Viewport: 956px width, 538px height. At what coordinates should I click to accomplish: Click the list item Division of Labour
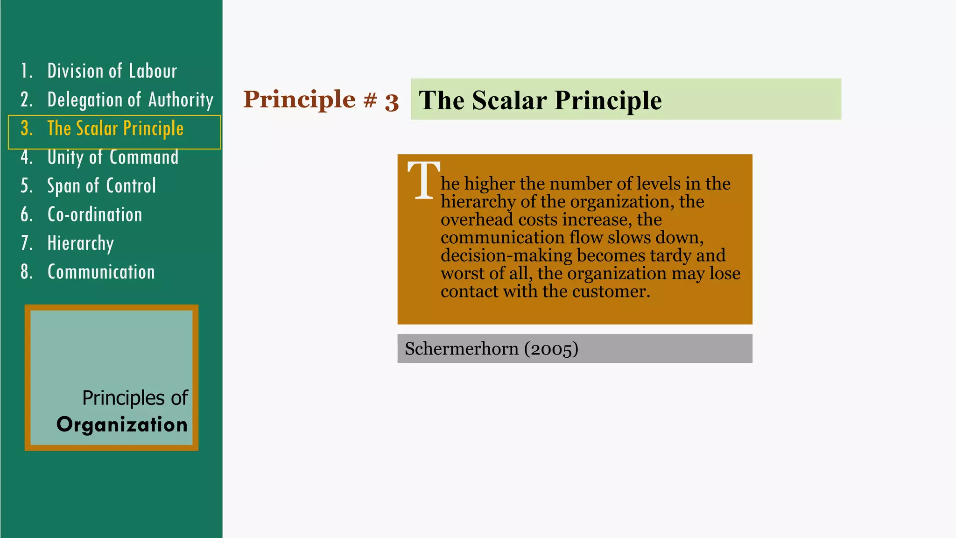(x=112, y=71)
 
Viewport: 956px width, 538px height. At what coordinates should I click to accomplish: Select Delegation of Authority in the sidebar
(x=130, y=100)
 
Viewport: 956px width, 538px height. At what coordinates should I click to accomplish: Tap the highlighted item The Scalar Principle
(x=115, y=129)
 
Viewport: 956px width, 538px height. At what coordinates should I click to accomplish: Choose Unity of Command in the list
(x=112, y=157)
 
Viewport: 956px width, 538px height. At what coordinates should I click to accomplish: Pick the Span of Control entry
(x=101, y=186)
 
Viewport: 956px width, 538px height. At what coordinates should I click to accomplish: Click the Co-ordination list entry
(x=95, y=215)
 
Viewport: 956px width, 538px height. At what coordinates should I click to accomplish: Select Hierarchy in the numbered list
(x=81, y=243)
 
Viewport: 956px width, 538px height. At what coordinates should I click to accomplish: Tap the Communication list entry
(x=101, y=272)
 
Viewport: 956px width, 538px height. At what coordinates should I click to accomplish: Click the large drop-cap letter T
(x=423, y=180)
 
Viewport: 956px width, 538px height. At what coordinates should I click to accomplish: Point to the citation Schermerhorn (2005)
(x=491, y=349)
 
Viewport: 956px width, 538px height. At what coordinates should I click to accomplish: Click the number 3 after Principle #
(x=392, y=102)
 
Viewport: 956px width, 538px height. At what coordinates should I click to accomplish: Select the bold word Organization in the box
(x=122, y=425)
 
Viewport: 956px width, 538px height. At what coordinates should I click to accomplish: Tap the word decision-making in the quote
(x=506, y=255)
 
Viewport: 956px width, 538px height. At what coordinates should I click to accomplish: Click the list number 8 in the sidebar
(x=26, y=272)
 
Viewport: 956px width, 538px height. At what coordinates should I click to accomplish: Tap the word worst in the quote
(x=462, y=274)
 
